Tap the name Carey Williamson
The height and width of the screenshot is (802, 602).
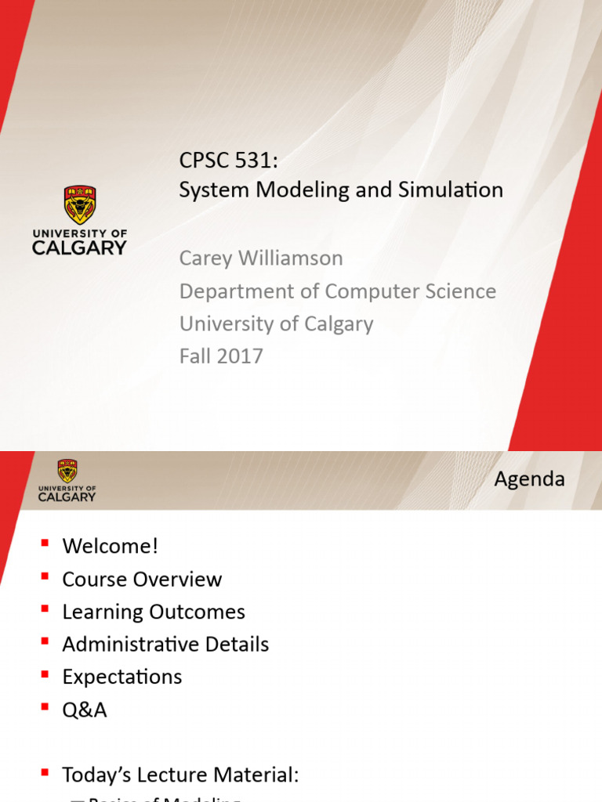tap(261, 258)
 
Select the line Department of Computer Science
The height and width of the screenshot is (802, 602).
tap(337, 291)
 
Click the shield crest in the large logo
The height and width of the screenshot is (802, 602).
tap(79, 204)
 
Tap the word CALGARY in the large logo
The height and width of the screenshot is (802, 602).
tap(79, 247)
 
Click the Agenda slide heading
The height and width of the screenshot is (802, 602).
tap(529, 479)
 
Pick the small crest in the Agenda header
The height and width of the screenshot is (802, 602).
tap(67, 470)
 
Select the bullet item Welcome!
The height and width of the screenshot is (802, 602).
tap(111, 546)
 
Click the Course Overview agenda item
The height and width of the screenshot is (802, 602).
tap(142, 579)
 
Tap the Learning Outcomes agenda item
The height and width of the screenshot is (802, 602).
tap(154, 612)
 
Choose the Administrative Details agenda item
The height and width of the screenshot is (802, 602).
tap(165, 645)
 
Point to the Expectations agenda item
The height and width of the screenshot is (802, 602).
tap(122, 677)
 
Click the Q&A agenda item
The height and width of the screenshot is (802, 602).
tap(85, 710)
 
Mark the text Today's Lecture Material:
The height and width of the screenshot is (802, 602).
tap(180, 753)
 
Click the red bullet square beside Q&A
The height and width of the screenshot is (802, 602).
tap(45, 707)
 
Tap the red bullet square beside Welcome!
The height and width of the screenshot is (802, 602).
tap(45, 544)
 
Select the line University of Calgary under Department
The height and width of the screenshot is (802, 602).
tap(276, 323)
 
